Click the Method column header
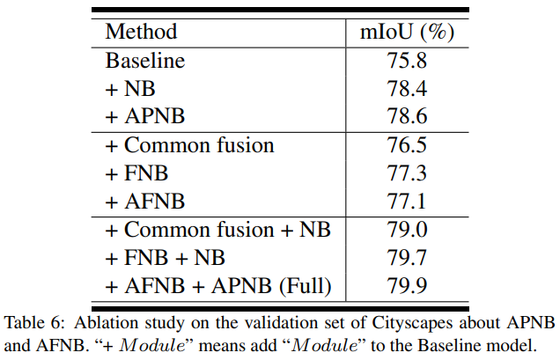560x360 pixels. pos(141,33)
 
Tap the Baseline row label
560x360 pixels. pos(146,62)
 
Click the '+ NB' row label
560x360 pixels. pos(129,89)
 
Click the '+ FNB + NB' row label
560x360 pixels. pos(165,258)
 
